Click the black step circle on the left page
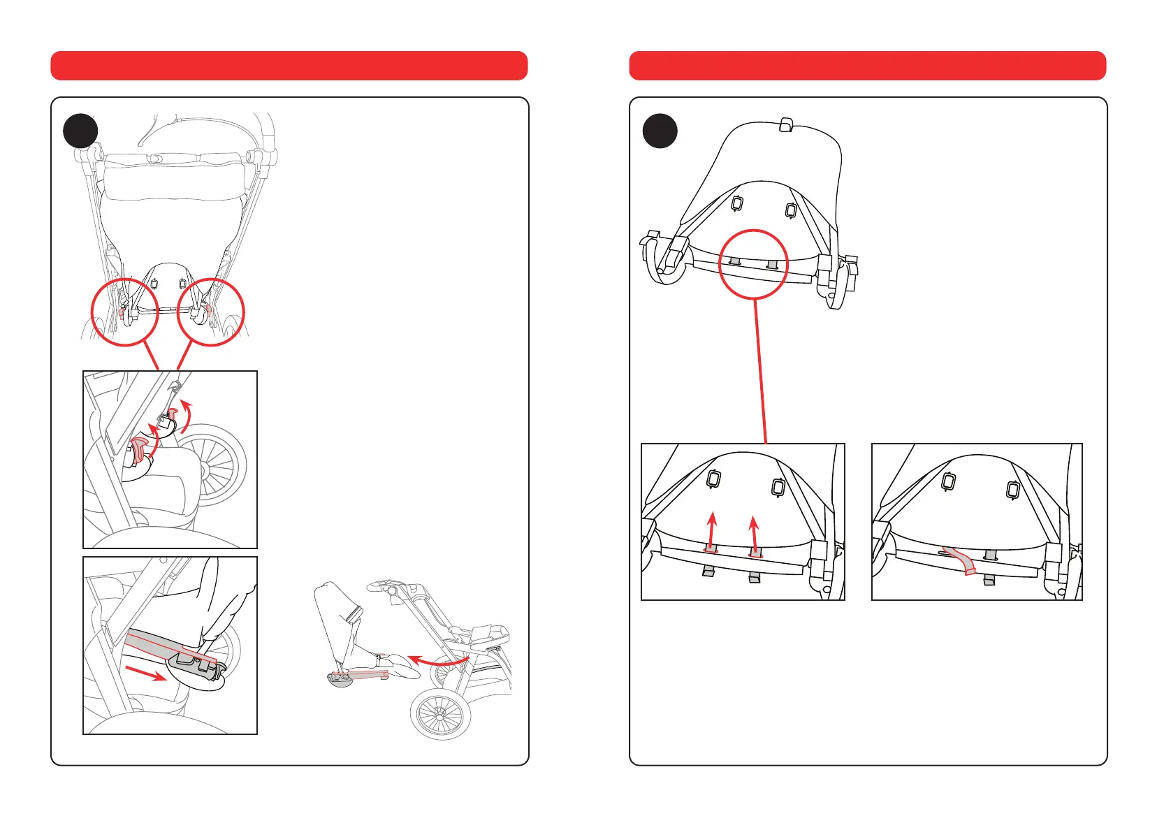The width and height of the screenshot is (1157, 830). (x=80, y=131)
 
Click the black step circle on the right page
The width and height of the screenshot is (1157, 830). (x=660, y=131)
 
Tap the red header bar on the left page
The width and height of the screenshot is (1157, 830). (x=289, y=66)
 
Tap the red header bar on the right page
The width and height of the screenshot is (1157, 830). (x=867, y=66)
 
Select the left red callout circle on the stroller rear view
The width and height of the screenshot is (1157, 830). (x=125, y=312)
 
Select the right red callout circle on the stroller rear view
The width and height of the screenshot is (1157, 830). (x=211, y=312)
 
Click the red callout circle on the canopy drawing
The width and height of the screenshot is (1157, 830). (x=754, y=264)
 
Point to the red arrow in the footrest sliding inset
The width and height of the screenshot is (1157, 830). (x=145, y=673)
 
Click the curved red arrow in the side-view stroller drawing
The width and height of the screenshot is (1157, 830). (x=437, y=660)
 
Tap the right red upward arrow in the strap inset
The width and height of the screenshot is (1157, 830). (x=754, y=535)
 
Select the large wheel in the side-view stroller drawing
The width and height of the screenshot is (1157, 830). (x=439, y=714)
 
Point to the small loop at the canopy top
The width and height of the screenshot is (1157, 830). (x=785, y=125)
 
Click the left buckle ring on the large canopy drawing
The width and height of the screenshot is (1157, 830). (x=736, y=203)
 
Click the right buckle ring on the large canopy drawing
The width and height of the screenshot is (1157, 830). (x=791, y=210)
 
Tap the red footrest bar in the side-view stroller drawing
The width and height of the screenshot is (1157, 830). (x=360, y=676)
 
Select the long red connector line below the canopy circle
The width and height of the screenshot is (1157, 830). (x=760, y=371)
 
